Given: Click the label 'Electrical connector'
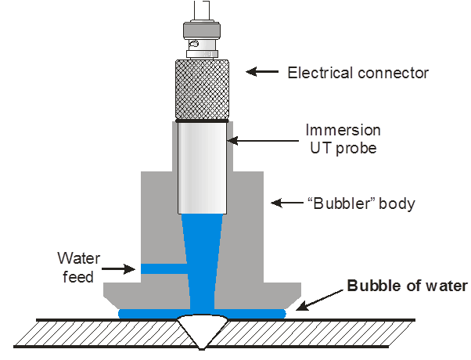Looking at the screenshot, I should pyautogui.click(x=358, y=74).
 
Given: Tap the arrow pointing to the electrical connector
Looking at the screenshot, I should pyautogui.click(x=262, y=73).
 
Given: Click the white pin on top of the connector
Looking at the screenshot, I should pyautogui.click(x=203, y=10).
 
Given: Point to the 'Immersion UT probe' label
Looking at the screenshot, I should pyautogui.click(x=342, y=138).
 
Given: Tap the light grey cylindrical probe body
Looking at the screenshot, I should pyautogui.click(x=203, y=167).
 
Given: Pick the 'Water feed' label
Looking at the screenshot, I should pyautogui.click(x=76, y=266).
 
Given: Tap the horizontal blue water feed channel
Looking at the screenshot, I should pyautogui.click(x=165, y=268).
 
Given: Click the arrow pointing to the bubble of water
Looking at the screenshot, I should pyautogui.click(x=314, y=300).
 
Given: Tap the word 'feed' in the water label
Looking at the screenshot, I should pyautogui.click(x=77, y=276).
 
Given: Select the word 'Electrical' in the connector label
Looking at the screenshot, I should pyautogui.click(x=318, y=74).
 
